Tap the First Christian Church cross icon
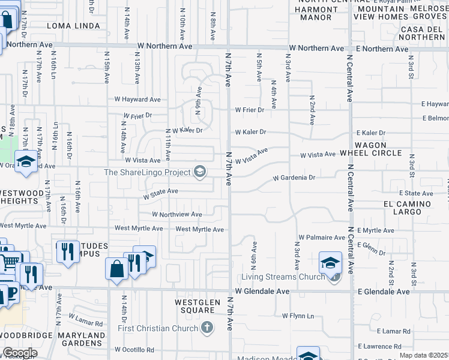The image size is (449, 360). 207,328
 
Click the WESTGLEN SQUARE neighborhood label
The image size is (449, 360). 194,306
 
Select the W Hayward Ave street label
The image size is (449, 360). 138,100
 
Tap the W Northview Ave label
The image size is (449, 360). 176,214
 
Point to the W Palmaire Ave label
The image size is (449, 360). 322,238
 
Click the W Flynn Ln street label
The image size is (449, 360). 298,316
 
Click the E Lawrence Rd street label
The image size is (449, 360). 380,346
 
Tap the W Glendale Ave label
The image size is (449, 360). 262,291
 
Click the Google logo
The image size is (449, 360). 20,353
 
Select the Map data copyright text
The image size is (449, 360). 424,355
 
